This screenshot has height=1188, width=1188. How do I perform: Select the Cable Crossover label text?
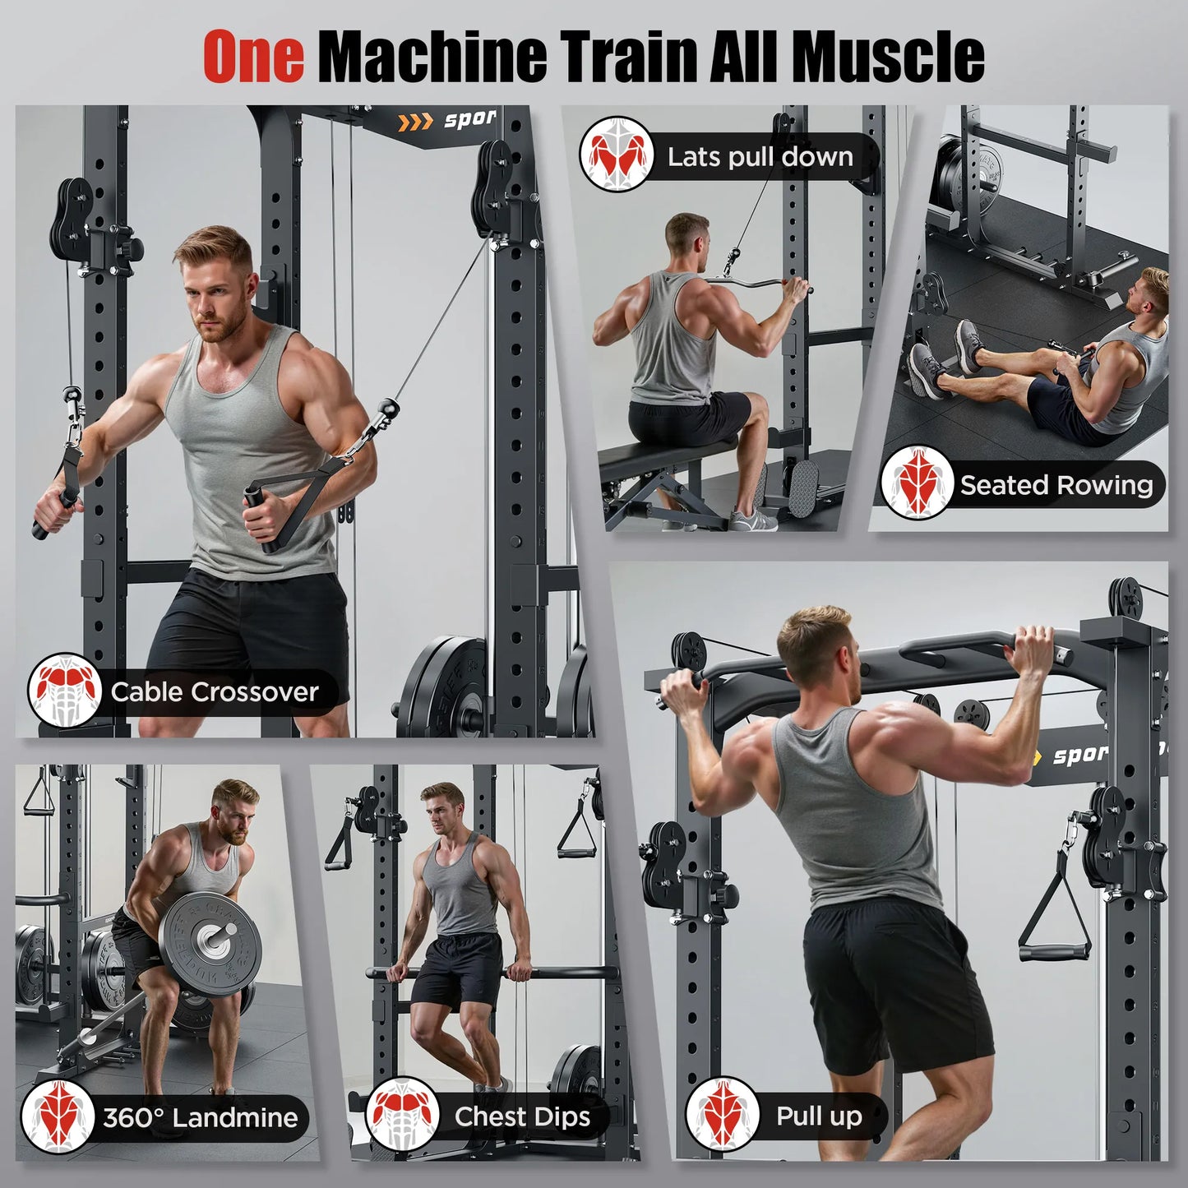214,692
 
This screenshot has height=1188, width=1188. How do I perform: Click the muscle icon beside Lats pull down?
617,155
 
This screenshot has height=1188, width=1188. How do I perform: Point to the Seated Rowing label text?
1056,485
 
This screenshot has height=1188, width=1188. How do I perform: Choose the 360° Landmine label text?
201,1117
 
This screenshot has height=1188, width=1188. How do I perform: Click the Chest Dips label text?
522,1116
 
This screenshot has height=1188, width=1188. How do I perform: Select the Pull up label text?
819,1116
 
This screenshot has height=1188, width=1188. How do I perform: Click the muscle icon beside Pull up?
723,1114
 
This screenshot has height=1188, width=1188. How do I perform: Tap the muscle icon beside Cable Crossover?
64,691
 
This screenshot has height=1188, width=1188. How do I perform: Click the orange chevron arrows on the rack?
414,123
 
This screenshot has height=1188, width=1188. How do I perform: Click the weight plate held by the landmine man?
209,937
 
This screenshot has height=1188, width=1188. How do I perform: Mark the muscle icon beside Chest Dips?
403,1115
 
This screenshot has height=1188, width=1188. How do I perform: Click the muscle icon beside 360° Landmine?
58,1116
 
